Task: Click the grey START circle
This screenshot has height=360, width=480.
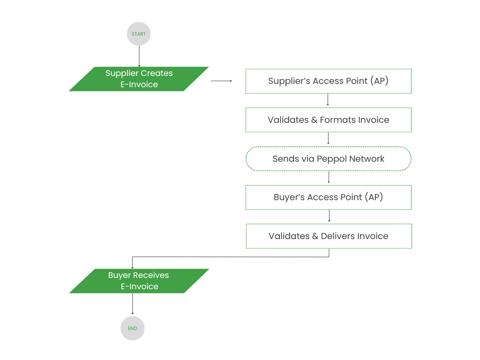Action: pyautogui.click(x=139, y=34)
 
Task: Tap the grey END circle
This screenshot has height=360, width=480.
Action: pyautogui.click(x=133, y=328)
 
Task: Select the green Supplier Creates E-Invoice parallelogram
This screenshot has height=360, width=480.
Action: pyautogui.click(x=139, y=79)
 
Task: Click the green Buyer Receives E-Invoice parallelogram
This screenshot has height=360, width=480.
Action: pyautogui.click(x=139, y=281)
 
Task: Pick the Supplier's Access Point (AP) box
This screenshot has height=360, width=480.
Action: pyautogui.click(x=328, y=81)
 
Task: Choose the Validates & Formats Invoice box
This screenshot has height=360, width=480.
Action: pyautogui.click(x=328, y=120)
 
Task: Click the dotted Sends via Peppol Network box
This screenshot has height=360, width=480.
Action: pyautogui.click(x=328, y=159)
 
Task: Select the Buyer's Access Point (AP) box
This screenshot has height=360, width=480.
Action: pyautogui.click(x=328, y=197)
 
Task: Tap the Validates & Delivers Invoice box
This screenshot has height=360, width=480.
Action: pyautogui.click(x=329, y=236)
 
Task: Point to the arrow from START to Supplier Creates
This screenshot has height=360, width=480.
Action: pyautogui.click(x=139, y=56)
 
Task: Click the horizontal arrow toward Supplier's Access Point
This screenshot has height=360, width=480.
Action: pyautogui.click(x=221, y=81)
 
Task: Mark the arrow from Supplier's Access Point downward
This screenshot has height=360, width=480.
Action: pyautogui.click(x=328, y=100)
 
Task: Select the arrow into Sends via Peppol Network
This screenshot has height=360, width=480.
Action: pyautogui.click(x=328, y=139)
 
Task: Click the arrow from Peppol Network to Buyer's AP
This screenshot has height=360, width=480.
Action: pyautogui.click(x=329, y=178)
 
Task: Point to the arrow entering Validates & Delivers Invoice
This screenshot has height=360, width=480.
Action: pyautogui.click(x=329, y=216)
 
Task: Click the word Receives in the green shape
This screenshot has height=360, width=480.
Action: pyautogui.click(x=151, y=275)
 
